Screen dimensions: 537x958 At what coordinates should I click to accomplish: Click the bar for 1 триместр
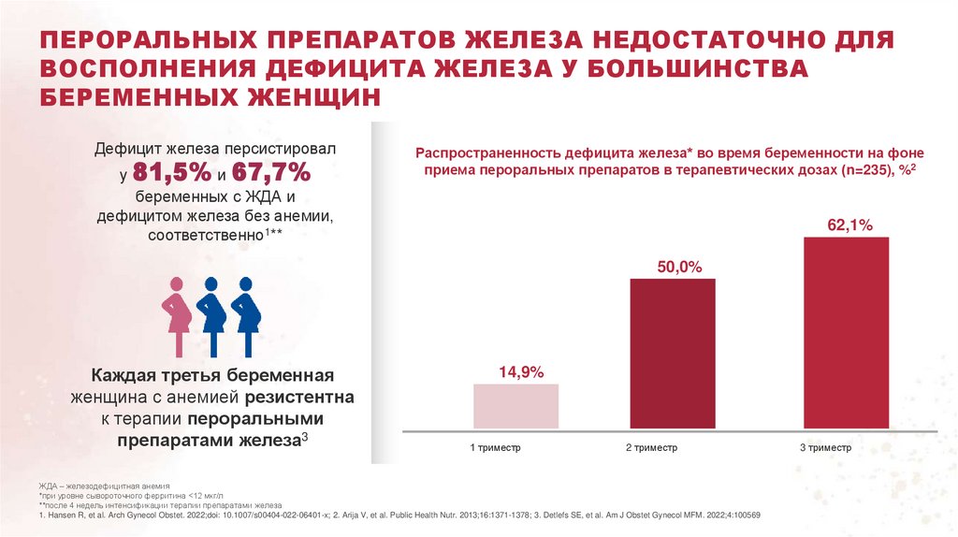click(x=516, y=407)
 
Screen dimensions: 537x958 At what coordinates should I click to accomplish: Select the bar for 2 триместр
click(x=673, y=355)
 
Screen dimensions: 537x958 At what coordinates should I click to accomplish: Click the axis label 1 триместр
click(x=495, y=448)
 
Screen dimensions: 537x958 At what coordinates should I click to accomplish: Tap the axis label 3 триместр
click(x=825, y=448)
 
